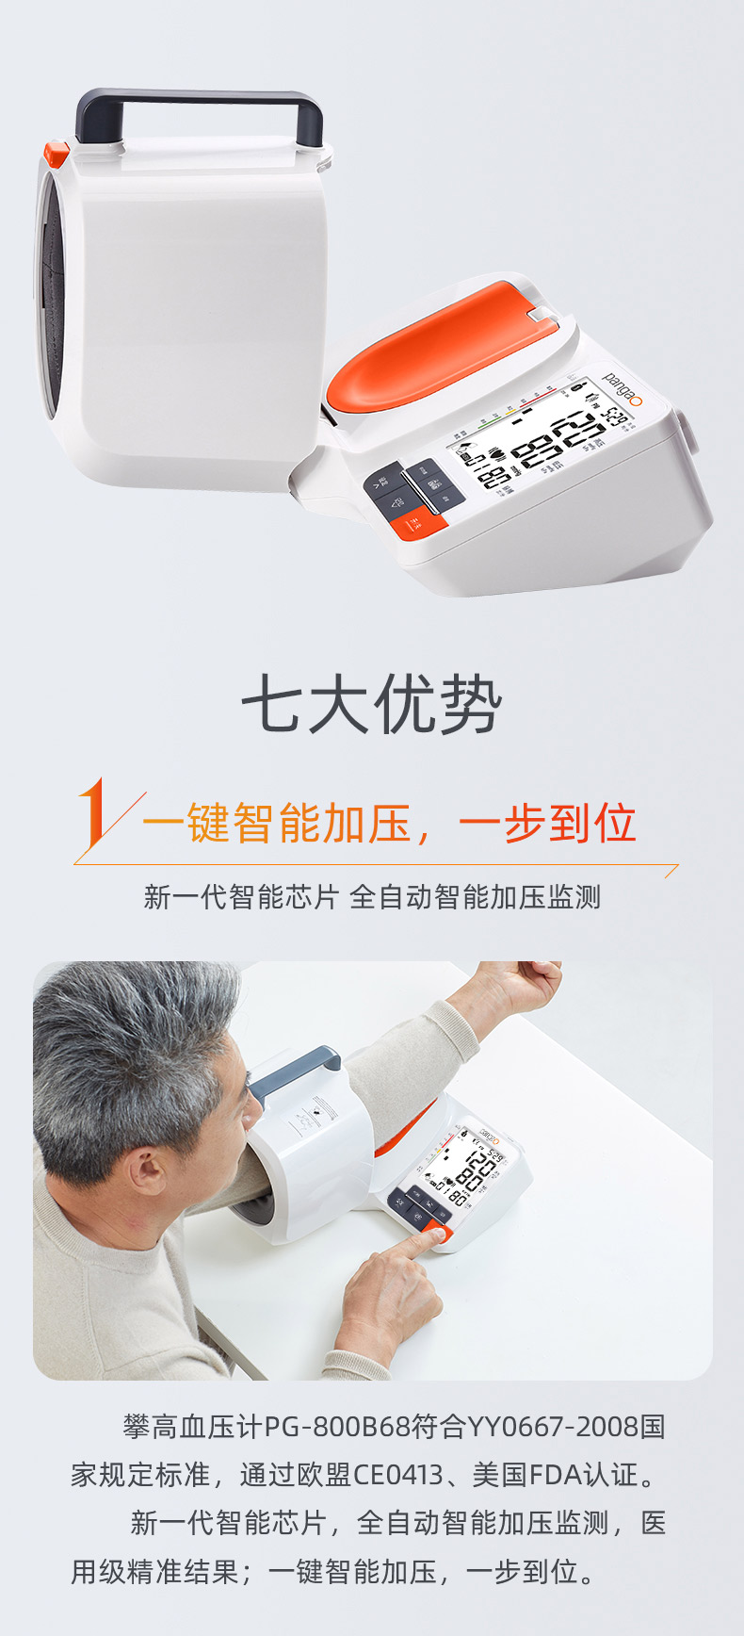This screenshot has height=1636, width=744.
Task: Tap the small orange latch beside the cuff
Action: tap(56, 153)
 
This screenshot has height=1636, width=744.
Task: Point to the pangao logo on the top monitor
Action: tap(623, 389)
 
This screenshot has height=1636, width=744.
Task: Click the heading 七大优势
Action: tap(372, 705)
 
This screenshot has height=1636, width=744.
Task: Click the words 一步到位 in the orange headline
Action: tap(547, 823)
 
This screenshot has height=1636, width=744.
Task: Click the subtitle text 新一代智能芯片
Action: tap(240, 897)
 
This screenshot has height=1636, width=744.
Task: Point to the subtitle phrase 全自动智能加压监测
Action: tap(475, 897)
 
